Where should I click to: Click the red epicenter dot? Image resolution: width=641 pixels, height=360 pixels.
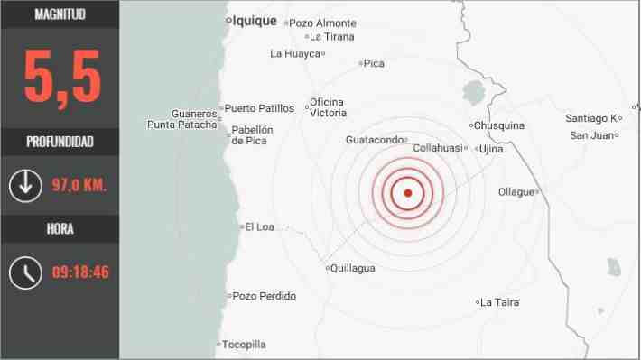pyautogui.click(x=407, y=193)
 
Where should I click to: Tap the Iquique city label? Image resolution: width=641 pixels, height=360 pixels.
pyautogui.click(x=254, y=21)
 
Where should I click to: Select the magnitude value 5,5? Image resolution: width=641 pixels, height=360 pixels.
pyautogui.click(x=60, y=78)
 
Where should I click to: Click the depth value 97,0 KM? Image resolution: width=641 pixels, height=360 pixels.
pyautogui.click(x=79, y=186)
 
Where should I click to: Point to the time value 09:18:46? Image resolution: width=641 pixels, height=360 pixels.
pyautogui.click(x=80, y=272)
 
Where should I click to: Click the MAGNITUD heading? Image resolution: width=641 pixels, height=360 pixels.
pyautogui.click(x=60, y=14)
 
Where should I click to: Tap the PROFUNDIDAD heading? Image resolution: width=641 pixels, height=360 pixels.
pyautogui.click(x=60, y=142)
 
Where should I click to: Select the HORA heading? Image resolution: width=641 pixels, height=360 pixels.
pyautogui.click(x=60, y=228)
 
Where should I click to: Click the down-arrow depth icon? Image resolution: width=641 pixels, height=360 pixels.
pyautogui.click(x=24, y=186)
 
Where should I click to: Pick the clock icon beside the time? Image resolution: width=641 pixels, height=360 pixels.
pyautogui.click(x=25, y=272)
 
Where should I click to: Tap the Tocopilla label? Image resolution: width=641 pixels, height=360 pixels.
pyautogui.click(x=244, y=345)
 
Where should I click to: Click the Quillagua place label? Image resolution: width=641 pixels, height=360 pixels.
pyautogui.click(x=353, y=268)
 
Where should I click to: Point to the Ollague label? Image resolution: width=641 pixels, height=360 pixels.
pyautogui.click(x=517, y=191)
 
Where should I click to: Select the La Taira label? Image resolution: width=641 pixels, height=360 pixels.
pyautogui.click(x=500, y=302)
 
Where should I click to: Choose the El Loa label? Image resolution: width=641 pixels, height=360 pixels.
pyautogui.click(x=259, y=226)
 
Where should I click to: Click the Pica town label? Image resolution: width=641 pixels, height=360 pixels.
pyautogui.click(x=375, y=63)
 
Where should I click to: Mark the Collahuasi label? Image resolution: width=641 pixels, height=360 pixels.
pyautogui.click(x=438, y=148)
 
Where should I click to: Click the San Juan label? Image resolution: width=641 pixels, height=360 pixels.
pyautogui.click(x=590, y=135)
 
